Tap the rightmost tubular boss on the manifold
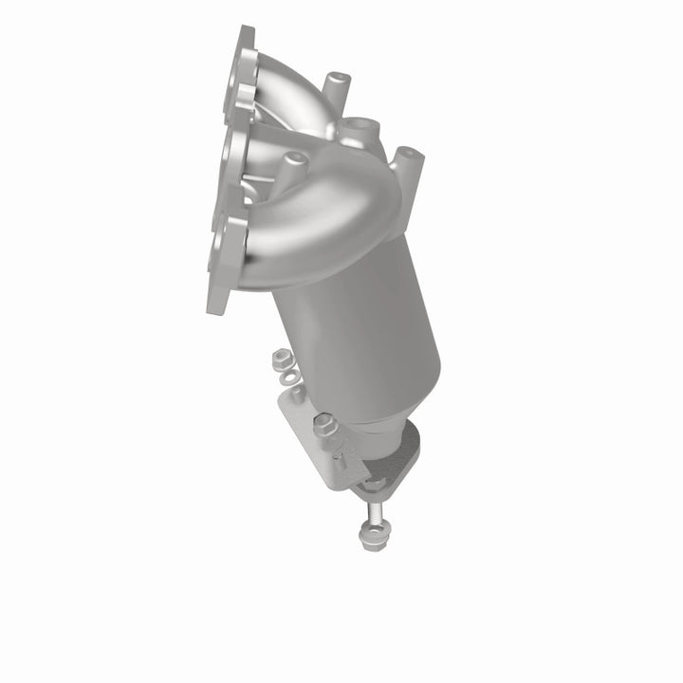click(405, 161)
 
